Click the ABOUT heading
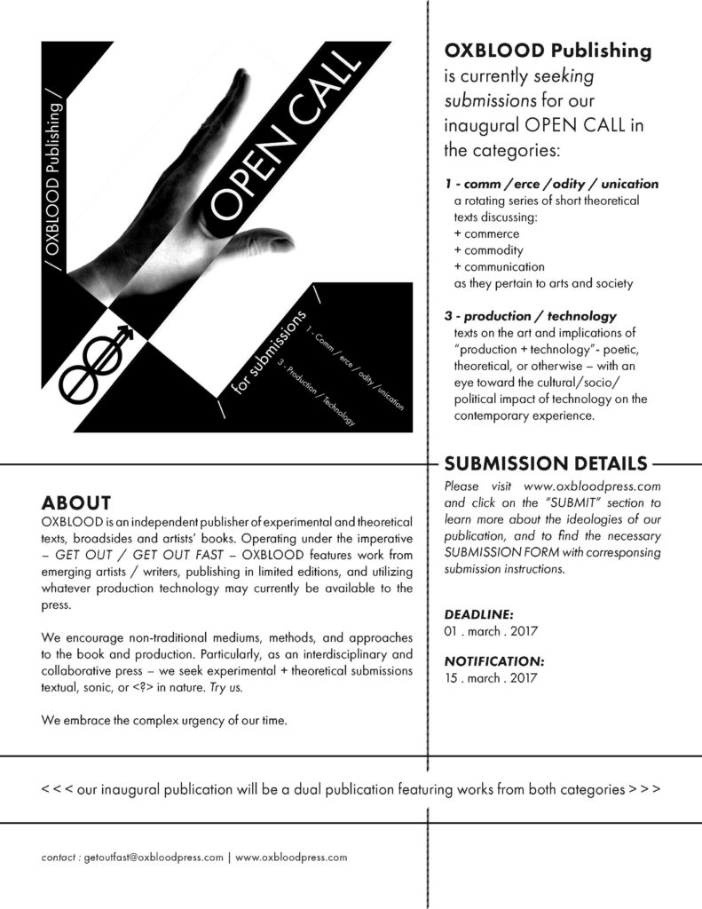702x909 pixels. pos(75,502)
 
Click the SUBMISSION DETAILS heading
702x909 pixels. pos(545,463)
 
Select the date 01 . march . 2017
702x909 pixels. pos(491,631)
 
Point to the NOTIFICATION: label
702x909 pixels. pos(493,661)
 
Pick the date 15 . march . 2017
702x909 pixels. pos(491,678)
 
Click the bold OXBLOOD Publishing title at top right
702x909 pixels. pos(548,51)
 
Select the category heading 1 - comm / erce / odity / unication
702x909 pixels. pos(551,184)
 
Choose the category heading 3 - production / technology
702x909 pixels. pos(530,316)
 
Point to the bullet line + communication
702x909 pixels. pos(499,266)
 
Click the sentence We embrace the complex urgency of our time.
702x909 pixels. pos(164,720)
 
